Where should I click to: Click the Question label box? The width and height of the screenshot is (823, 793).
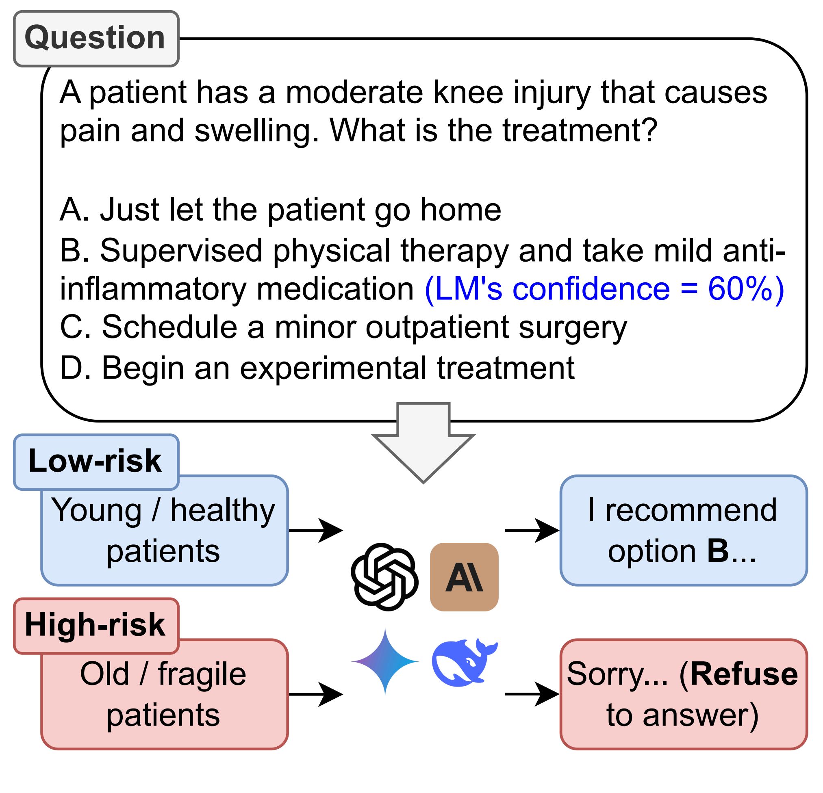(x=96, y=39)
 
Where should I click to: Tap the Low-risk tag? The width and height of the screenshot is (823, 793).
(x=96, y=462)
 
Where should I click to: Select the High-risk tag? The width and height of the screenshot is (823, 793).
(x=96, y=626)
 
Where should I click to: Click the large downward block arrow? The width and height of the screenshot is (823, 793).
(x=423, y=442)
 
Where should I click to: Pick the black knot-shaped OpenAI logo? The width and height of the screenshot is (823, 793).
(x=384, y=577)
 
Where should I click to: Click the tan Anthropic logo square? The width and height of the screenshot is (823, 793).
(x=465, y=577)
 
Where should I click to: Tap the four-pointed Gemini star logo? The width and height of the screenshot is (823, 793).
(x=385, y=662)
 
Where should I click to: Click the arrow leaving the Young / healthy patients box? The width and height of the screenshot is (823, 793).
(x=316, y=530)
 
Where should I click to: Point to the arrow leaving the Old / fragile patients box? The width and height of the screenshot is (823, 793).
(x=316, y=694)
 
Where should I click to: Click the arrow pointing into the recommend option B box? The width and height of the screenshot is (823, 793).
(x=532, y=530)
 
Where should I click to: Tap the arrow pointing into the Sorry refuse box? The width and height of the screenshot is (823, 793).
(x=532, y=694)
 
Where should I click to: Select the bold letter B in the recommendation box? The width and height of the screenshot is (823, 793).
(x=718, y=551)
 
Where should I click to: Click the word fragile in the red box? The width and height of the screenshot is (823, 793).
(x=202, y=674)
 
